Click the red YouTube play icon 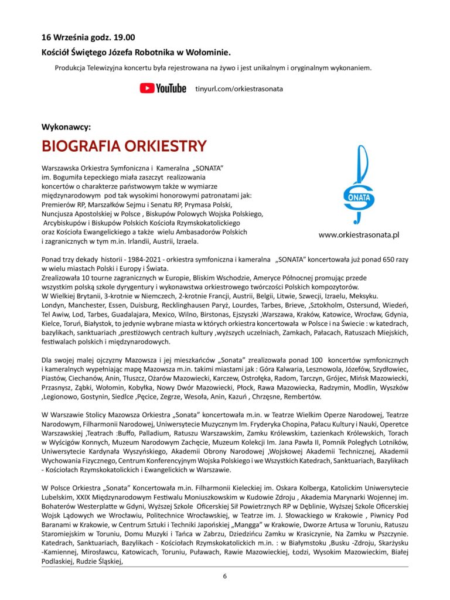(x=146, y=88)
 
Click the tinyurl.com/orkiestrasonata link (x=239, y=88)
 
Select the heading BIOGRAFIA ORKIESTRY (x=124, y=146)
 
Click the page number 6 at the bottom (x=224, y=575)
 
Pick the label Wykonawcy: (x=66, y=127)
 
